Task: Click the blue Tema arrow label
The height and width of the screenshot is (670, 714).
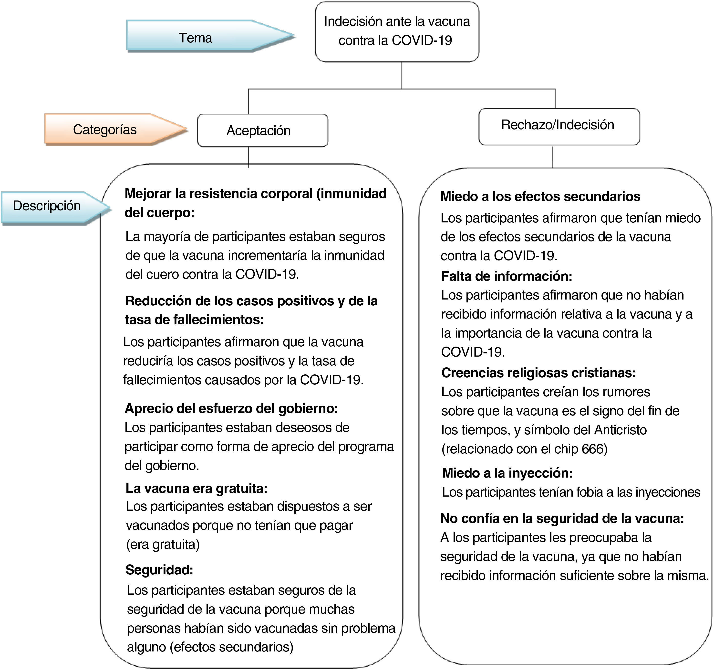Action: pyautogui.click(x=196, y=38)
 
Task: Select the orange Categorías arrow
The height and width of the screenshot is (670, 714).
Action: pyautogui.click(x=105, y=130)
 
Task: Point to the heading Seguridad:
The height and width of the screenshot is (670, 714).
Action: pyautogui.click(x=159, y=570)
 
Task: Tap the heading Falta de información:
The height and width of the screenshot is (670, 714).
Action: pyautogui.click(x=507, y=276)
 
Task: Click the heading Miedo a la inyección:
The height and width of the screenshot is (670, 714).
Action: pyautogui.click(x=507, y=473)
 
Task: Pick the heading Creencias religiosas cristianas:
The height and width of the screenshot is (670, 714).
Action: pyautogui.click(x=538, y=373)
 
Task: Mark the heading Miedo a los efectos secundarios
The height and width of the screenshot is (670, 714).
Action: pyautogui.click(x=540, y=197)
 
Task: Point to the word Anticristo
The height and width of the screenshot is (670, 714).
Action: pyautogui.click(x=620, y=430)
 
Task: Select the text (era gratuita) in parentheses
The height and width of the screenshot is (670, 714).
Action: pyautogui.click(x=163, y=544)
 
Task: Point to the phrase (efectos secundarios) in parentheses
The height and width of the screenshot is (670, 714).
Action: pyautogui.click(x=232, y=647)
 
